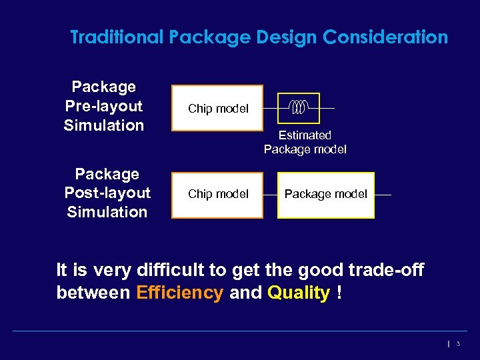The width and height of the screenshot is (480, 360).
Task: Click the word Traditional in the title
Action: [117, 37]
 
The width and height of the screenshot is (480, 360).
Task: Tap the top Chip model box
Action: [217, 108]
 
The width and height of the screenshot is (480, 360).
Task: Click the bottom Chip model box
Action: [217, 195]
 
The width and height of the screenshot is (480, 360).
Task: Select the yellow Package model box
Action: [325, 195]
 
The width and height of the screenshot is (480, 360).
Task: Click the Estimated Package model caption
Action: [305, 143]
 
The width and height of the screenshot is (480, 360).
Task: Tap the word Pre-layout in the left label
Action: [104, 106]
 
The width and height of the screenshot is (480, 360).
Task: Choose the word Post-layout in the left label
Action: [107, 193]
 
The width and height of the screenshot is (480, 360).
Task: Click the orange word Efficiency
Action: [179, 293]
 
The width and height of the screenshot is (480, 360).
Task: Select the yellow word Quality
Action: [299, 293]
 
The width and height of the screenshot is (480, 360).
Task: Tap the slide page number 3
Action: [458, 343]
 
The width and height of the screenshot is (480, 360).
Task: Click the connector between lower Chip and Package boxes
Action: [270, 195]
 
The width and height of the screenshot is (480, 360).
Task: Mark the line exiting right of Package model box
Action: [383, 195]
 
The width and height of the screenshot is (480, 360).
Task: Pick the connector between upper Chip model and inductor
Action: [270, 108]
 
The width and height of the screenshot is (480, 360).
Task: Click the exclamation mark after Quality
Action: [339, 293]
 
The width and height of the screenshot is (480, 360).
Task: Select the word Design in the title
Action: [287, 37]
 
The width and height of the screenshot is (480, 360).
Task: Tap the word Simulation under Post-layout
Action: [107, 212]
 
